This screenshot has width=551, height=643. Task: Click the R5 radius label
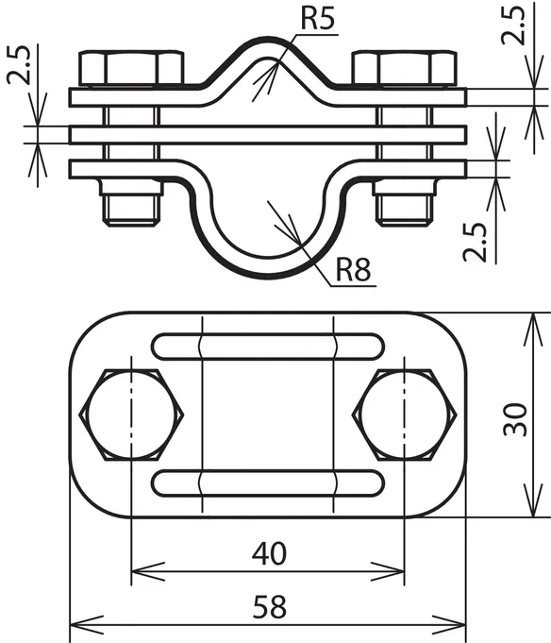click(318, 19)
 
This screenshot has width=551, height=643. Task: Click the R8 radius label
click(353, 270)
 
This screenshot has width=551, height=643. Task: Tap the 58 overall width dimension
click(269, 607)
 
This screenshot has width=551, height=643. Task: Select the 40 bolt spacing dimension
click(269, 553)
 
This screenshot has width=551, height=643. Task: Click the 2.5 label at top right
click(513, 25)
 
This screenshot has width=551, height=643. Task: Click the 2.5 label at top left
click(19, 65)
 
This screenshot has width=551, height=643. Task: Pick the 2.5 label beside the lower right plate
click(475, 243)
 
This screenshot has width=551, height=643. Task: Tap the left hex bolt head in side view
click(131, 68)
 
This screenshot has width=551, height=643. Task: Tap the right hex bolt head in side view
click(405, 68)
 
